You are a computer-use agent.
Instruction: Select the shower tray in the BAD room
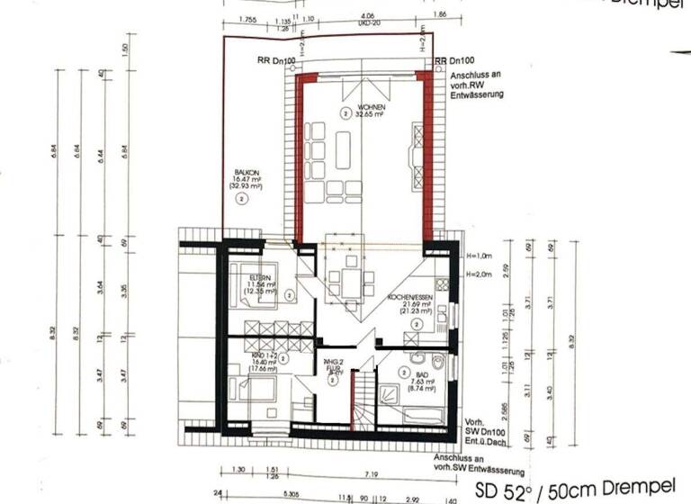[392, 393]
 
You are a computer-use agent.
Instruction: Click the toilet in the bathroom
[436, 363]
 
